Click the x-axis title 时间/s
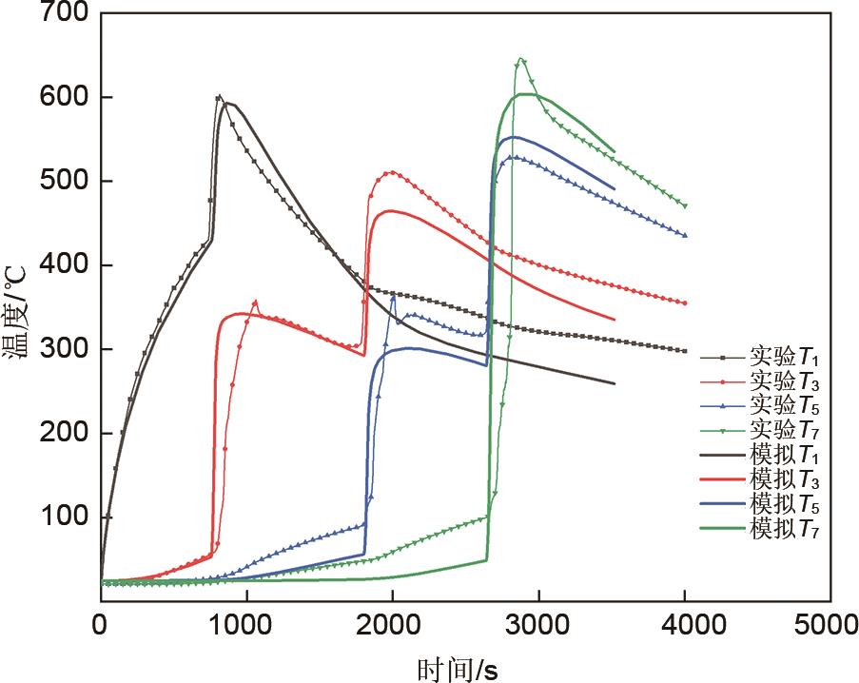tap(458, 669)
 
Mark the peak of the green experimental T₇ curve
tap(520, 59)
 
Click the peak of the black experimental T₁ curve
tap(219, 96)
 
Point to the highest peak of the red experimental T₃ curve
tap(390, 172)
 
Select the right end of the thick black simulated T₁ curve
tap(615, 383)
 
